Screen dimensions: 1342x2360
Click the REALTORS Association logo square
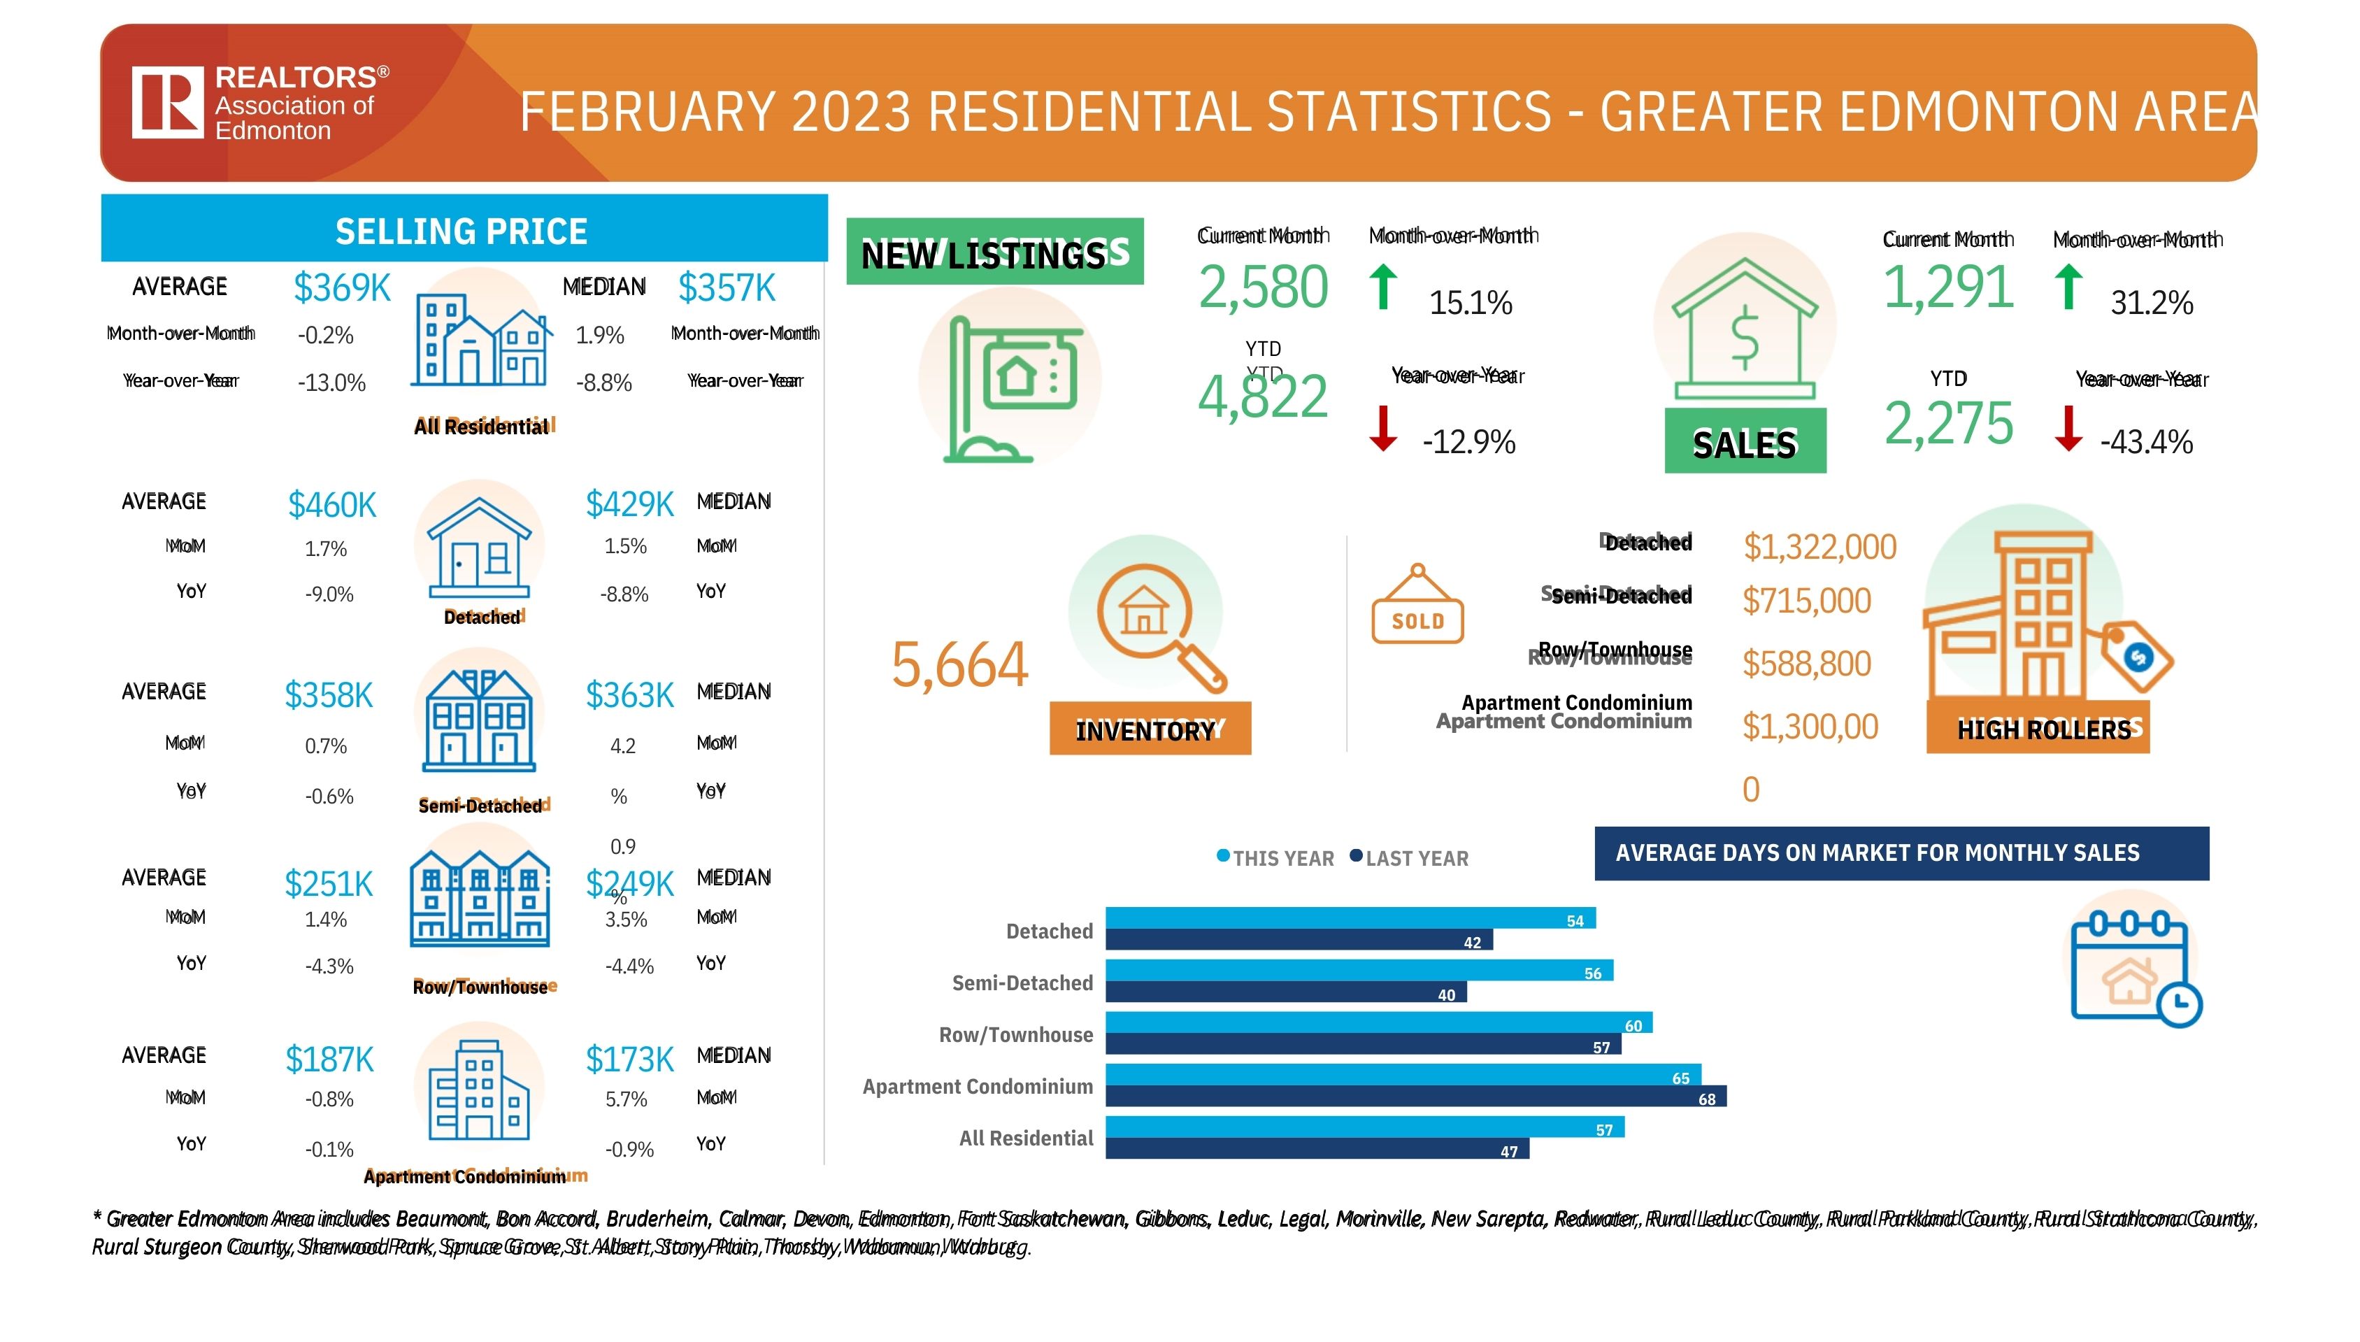(167, 102)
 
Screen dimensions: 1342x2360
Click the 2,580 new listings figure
(1262, 287)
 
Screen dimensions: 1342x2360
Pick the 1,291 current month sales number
(1947, 287)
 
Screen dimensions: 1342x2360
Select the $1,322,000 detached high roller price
(1819, 547)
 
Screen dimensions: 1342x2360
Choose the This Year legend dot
(1223, 856)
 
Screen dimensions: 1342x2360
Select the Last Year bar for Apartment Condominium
(1415, 1097)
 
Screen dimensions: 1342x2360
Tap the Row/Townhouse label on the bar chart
(1015, 1035)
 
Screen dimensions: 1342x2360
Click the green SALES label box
(1745, 443)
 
